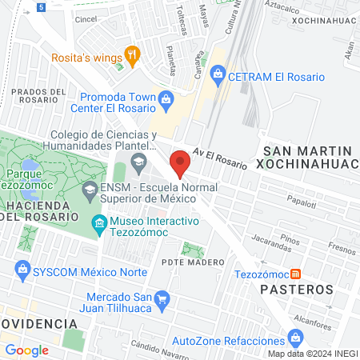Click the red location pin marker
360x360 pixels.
181,162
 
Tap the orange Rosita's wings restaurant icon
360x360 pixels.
133,56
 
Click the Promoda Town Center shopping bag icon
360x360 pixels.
166,99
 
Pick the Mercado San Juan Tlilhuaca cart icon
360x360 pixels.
162,301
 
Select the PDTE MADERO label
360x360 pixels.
192,262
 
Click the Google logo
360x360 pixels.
27,350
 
